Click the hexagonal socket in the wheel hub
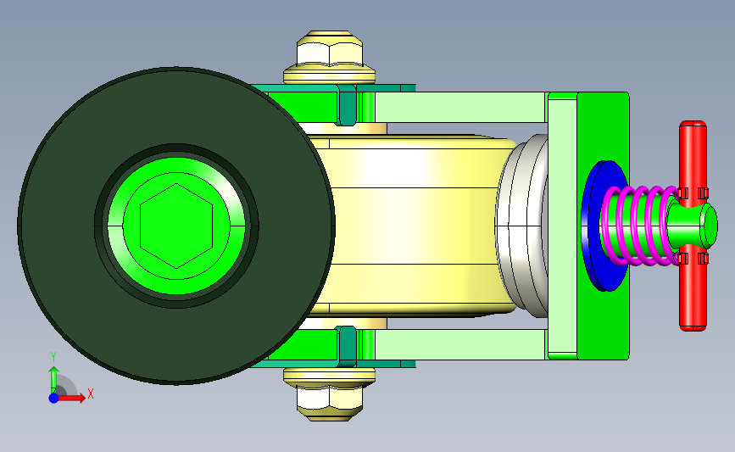point(176,226)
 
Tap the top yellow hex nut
point(330,49)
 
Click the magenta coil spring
point(640,226)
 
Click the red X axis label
point(91,393)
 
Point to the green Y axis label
point(53,357)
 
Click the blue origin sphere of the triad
point(54,398)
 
